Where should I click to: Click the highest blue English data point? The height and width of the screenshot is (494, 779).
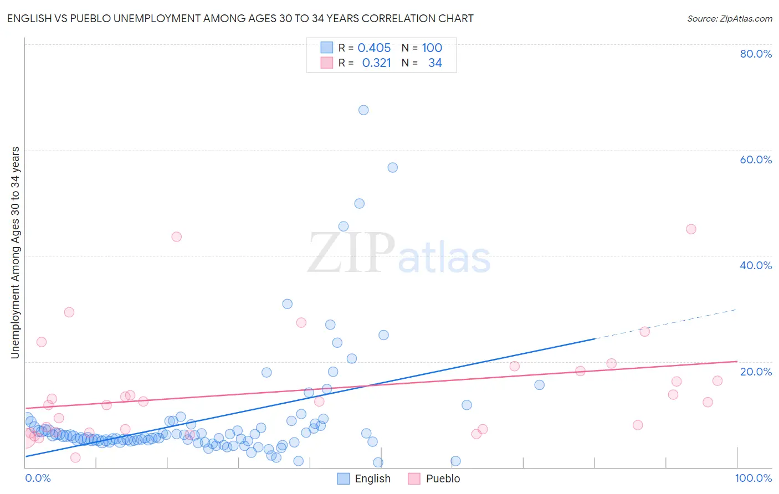click(x=363, y=110)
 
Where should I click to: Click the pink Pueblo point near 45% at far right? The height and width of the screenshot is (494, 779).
click(x=691, y=229)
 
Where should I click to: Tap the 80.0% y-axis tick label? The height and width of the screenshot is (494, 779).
click(x=756, y=54)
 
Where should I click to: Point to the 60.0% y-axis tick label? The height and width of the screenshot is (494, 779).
click(x=756, y=159)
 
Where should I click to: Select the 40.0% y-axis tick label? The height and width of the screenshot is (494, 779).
click(x=756, y=265)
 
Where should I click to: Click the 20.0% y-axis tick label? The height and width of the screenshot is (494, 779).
click(x=756, y=371)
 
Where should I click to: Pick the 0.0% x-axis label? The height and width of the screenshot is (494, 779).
click(x=38, y=478)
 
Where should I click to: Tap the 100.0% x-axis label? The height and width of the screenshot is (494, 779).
click(x=754, y=478)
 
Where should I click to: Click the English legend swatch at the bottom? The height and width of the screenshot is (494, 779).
click(x=344, y=478)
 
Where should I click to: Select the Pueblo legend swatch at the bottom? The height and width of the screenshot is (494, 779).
click(x=414, y=478)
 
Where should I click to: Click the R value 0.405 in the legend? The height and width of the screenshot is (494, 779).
click(x=374, y=48)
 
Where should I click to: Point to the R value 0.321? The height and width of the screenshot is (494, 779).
click(x=376, y=63)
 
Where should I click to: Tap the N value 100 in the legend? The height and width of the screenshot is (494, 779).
click(x=432, y=48)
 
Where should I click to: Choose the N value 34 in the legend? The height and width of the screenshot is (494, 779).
click(x=435, y=63)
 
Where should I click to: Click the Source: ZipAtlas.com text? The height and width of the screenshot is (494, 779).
click(x=730, y=18)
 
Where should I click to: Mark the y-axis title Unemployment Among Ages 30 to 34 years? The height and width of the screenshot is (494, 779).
click(x=15, y=253)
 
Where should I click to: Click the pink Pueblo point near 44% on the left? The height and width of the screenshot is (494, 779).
click(x=176, y=236)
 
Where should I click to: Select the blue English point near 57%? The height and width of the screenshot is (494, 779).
click(x=392, y=167)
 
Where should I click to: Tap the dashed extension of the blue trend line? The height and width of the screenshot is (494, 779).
click(x=665, y=324)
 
